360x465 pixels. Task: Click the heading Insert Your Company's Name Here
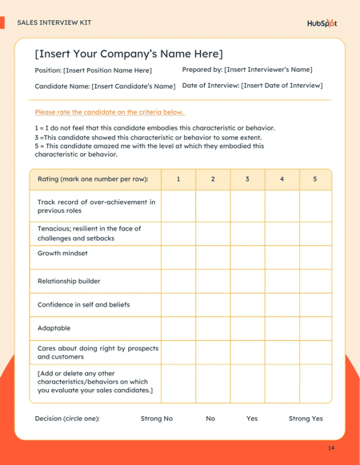pyautogui.click(x=129, y=54)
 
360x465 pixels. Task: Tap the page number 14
pyautogui.click(x=331, y=448)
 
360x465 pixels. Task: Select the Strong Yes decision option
pyautogui.click(x=306, y=418)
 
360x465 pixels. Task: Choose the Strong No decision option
pyautogui.click(x=157, y=418)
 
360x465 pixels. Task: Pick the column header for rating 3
pyautogui.click(x=248, y=178)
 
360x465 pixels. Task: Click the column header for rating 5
pyautogui.click(x=315, y=178)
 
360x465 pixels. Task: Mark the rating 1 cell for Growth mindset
pyautogui.click(x=178, y=257)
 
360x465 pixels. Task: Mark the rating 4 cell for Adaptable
pyautogui.click(x=282, y=327)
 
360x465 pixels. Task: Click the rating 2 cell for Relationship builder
pyautogui.click(x=213, y=281)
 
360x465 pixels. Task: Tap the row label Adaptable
pyautogui.click(x=54, y=327)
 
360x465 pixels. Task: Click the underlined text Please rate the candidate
pyautogui.click(x=110, y=112)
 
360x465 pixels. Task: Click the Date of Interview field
pyautogui.click(x=253, y=85)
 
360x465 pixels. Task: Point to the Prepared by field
pyautogui.click(x=247, y=70)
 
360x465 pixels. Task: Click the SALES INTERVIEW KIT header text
pyautogui.click(x=54, y=22)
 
